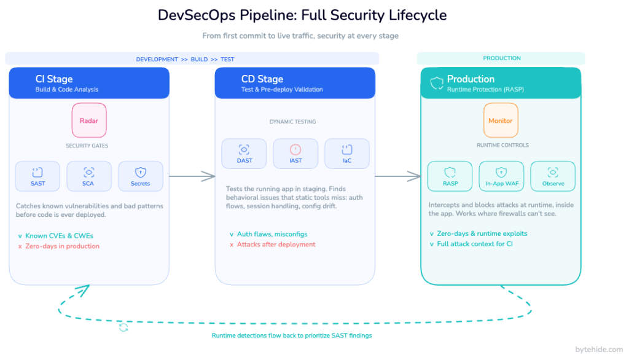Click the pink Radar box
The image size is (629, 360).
[89, 120]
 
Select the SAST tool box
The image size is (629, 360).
[37, 176]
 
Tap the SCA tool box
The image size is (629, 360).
[89, 176]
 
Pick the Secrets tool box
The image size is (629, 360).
[141, 176]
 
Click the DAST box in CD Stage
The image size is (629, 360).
[244, 154]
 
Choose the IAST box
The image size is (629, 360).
[295, 154]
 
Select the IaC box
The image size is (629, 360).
[347, 154]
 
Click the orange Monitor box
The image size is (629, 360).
[500, 120]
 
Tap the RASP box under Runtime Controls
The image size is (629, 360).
[450, 176]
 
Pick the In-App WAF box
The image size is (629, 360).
[501, 176]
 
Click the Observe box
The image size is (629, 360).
[553, 176]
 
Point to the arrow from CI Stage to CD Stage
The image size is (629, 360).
[192, 177]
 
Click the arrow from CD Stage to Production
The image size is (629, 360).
[397, 177]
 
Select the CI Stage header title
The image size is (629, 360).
[54, 79]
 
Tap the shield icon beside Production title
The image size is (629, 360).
[436, 83]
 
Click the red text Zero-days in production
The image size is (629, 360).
[62, 246]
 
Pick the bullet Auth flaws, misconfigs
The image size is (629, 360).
[272, 234]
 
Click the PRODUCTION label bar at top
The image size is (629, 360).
[501, 58]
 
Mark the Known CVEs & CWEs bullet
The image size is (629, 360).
[59, 235]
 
